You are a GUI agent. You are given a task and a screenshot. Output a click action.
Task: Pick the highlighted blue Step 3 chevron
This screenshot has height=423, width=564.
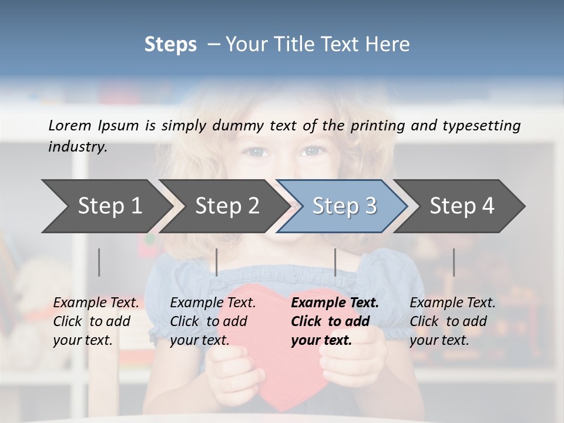[x=344, y=206]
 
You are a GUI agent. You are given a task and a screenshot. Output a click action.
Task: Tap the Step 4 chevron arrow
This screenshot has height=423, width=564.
[x=462, y=206]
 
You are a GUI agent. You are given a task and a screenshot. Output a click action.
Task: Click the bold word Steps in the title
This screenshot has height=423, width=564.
[x=170, y=44]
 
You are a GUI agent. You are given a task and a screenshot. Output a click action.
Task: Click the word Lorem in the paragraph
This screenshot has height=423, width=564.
[x=70, y=125]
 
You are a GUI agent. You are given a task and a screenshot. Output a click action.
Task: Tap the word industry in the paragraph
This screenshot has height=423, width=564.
[x=78, y=147]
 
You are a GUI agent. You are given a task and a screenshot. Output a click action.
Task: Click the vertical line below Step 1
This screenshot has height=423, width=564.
[x=99, y=262]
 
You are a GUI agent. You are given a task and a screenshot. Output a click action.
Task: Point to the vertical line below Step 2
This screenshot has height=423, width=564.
[x=217, y=262]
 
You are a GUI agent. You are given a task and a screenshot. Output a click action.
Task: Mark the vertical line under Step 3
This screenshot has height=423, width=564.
[x=335, y=262]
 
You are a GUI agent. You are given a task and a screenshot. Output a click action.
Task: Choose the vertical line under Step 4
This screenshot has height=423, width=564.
[x=454, y=262]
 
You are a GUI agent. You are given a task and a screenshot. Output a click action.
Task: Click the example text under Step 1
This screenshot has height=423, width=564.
[x=96, y=321]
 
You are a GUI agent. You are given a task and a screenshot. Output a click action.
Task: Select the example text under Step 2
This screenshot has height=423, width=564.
[x=213, y=321]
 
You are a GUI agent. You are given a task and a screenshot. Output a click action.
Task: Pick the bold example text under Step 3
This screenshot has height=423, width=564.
[x=335, y=321]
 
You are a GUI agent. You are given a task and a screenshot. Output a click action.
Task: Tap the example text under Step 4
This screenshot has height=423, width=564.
[x=452, y=321]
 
